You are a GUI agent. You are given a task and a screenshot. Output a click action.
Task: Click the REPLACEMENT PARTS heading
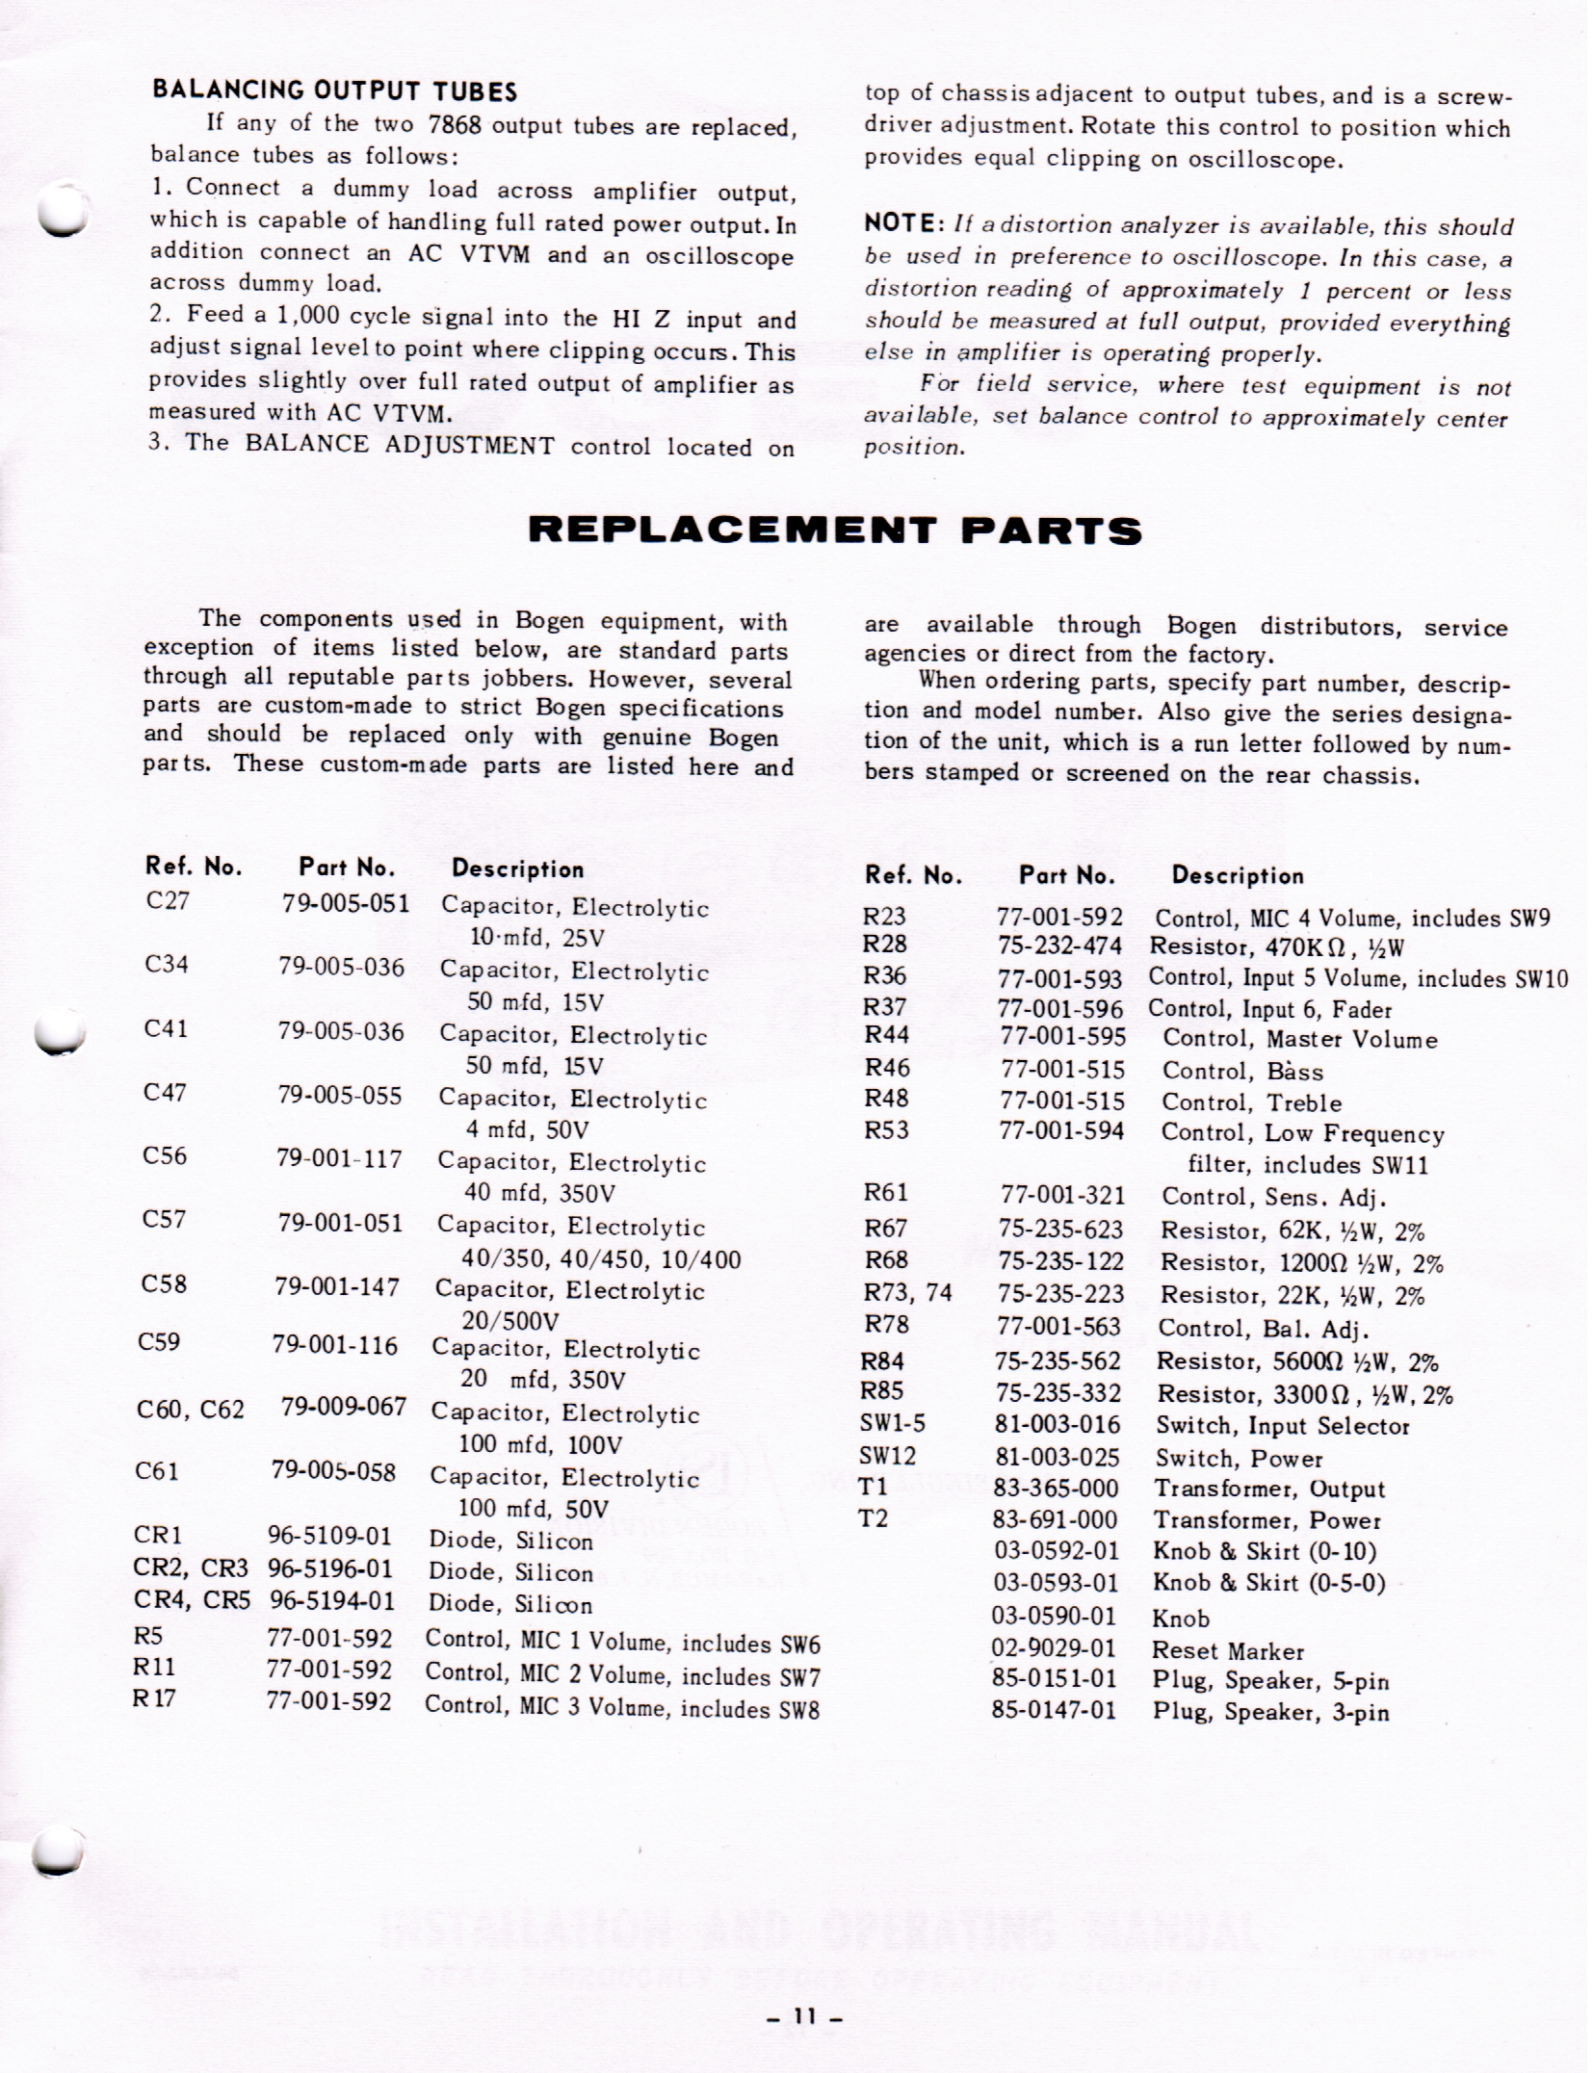(x=835, y=531)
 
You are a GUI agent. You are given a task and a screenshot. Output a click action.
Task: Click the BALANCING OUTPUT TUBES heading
(x=334, y=91)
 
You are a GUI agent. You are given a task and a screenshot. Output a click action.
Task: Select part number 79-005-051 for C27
(x=346, y=903)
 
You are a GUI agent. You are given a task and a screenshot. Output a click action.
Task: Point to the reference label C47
(x=164, y=1092)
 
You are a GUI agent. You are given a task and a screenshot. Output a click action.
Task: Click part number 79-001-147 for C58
(x=336, y=1286)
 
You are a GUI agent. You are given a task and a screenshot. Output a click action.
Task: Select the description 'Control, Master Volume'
(x=1299, y=1040)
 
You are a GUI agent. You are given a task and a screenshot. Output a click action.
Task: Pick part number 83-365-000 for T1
(x=1056, y=1489)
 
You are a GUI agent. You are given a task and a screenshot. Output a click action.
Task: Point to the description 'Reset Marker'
(x=1227, y=1651)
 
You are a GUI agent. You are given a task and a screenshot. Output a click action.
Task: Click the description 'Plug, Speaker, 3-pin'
(x=1270, y=1712)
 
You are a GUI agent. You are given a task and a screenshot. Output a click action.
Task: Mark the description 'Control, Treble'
(x=1251, y=1102)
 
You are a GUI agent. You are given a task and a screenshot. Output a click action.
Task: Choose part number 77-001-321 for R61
(x=1062, y=1195)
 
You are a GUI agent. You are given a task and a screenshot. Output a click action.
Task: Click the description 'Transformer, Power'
(x=1267, y=1520)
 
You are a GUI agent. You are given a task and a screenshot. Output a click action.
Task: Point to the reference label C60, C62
(x=190, y=1410)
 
